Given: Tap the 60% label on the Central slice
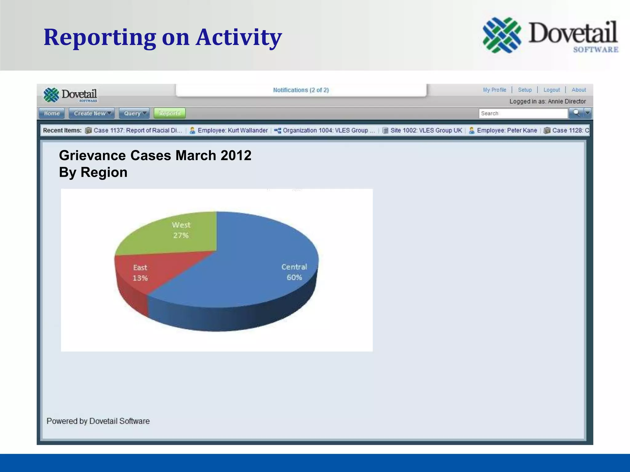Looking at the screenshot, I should [294, 277].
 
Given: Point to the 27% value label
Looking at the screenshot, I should [181, 236].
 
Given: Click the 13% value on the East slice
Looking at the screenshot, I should [140, 278].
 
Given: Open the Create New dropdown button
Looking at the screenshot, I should [92, 113].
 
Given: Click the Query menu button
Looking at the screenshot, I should [134, 113].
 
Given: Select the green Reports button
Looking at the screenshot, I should [169, 113].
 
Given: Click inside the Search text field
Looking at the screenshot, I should [523, 113].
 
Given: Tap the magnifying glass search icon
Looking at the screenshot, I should [576, 113].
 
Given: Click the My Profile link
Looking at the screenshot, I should [494, 90].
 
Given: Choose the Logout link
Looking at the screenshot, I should [552, 90].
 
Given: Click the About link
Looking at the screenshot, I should [579, 90].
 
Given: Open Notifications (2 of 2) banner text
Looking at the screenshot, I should [301, 90].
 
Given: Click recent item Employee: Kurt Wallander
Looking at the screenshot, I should [233, 130].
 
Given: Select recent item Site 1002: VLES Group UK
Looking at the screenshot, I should [426, 130].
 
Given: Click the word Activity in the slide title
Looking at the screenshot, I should [239, 37].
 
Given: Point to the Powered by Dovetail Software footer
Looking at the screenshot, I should [98, 421].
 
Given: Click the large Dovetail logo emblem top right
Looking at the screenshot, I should [502, 35].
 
